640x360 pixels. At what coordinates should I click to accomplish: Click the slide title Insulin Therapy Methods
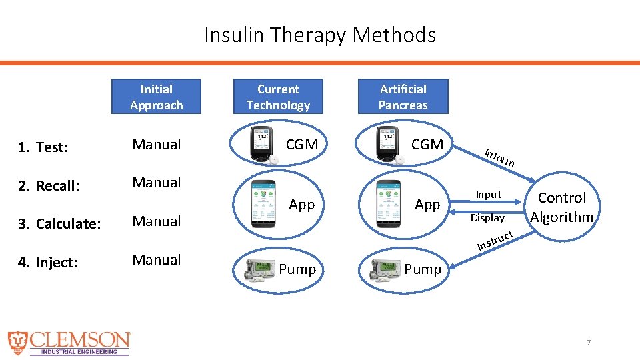click(x=320, y=35)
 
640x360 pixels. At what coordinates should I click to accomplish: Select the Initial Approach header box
click(x=156, y=97)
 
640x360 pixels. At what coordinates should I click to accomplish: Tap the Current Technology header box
click(x=278, y=97)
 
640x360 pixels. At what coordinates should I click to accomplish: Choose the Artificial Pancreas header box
click(x=403, y=97)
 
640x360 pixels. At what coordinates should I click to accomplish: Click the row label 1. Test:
click(x=43, y=147)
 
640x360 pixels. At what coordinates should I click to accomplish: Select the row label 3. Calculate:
click(x=60, y=224)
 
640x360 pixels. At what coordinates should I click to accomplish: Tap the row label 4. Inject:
click(x=49, y=263)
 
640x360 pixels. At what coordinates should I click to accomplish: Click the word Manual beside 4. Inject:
click(x=157, y=260)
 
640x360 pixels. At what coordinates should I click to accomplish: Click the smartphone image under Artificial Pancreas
click(x=388, y=203)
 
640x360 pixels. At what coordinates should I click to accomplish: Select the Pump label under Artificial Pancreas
click(x=423, y=269)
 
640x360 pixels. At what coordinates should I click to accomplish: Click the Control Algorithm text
click(x=561, y=207)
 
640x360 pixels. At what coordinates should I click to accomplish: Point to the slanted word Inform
click(x=499, y=157)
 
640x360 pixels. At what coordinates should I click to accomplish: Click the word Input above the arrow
click(x=488, y=195)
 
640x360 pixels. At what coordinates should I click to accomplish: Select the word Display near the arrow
click(x=487, y=218)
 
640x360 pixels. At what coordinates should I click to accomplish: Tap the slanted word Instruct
click(x=495, y=241)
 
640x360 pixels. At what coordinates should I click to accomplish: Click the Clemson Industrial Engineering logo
click(x=69, y=343)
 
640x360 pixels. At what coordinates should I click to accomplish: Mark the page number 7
click(x=589, y=343)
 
